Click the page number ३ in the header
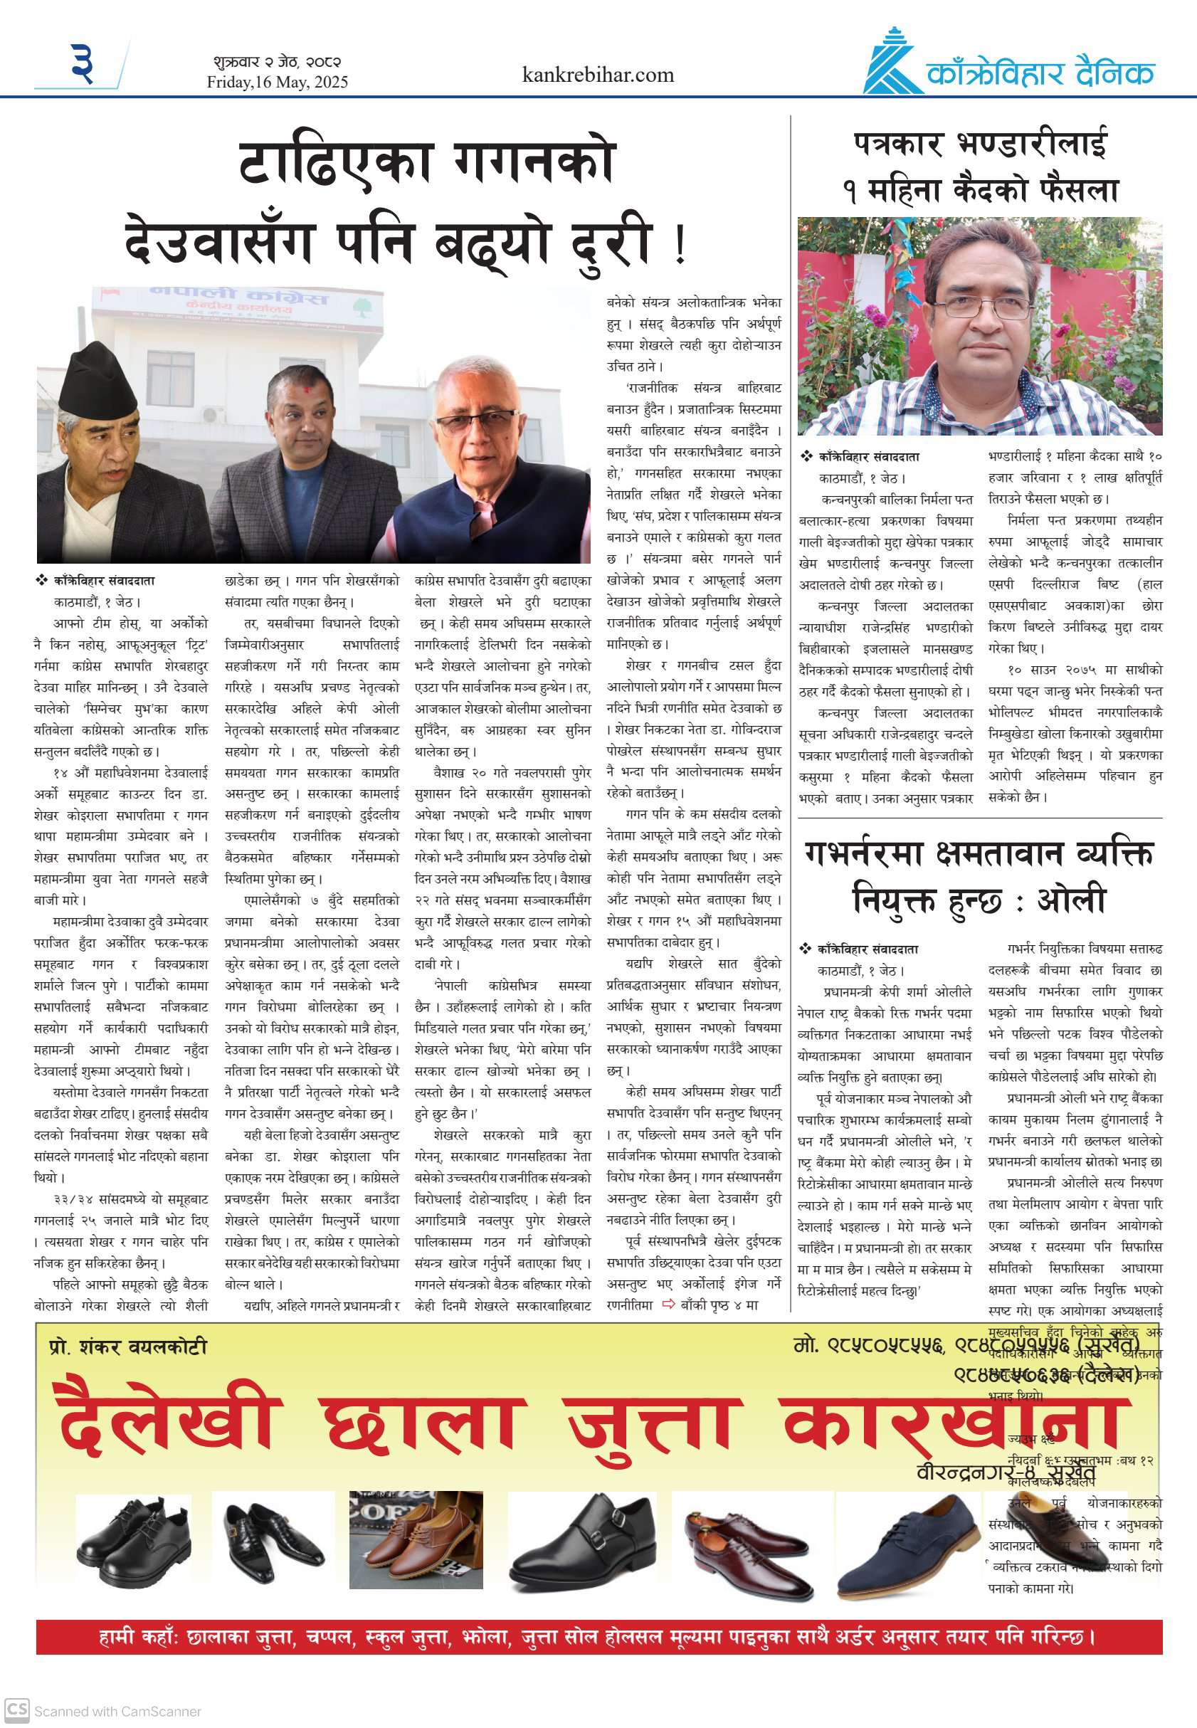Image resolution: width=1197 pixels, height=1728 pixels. [x=83, y=63]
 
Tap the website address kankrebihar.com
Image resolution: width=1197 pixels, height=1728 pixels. [x=598, y=75]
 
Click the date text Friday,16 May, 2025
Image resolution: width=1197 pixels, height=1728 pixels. [x=278, y=82]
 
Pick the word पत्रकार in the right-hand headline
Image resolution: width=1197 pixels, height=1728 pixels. [x=897, y=144]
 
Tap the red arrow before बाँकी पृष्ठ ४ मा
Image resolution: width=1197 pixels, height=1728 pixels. [x=668, y=1305]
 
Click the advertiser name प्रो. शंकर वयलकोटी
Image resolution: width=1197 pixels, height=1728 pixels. [x=127, y=1347]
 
